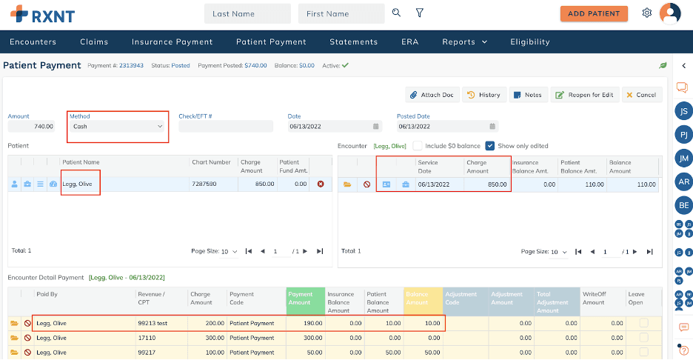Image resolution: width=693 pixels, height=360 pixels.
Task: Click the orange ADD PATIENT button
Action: pos(594,13)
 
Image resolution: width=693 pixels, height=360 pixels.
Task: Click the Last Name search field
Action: pos(247,13)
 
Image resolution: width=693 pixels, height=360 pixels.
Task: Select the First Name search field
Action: pos(341,13)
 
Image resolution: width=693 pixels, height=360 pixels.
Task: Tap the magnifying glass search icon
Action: pos(397,13)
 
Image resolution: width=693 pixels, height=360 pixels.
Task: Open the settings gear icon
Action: pos(647,13)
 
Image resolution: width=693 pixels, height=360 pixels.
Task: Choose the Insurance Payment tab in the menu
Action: pos(172,41)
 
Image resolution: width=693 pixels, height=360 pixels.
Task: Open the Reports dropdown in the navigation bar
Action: pos(464,41)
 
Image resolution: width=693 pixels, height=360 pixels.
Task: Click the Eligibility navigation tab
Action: pos(530,41)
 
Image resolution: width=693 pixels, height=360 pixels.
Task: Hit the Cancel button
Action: pos(640,95)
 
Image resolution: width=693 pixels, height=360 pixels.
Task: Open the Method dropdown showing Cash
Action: pos(118,127)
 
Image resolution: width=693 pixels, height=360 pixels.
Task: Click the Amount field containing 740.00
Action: pos(32,127)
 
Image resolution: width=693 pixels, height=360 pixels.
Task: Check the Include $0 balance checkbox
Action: pos(418,146)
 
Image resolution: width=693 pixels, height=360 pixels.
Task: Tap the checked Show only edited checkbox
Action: pos(490,146)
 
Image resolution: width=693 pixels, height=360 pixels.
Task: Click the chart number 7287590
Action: pos(204,184)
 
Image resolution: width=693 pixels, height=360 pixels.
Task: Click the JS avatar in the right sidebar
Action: pos(684,111)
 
